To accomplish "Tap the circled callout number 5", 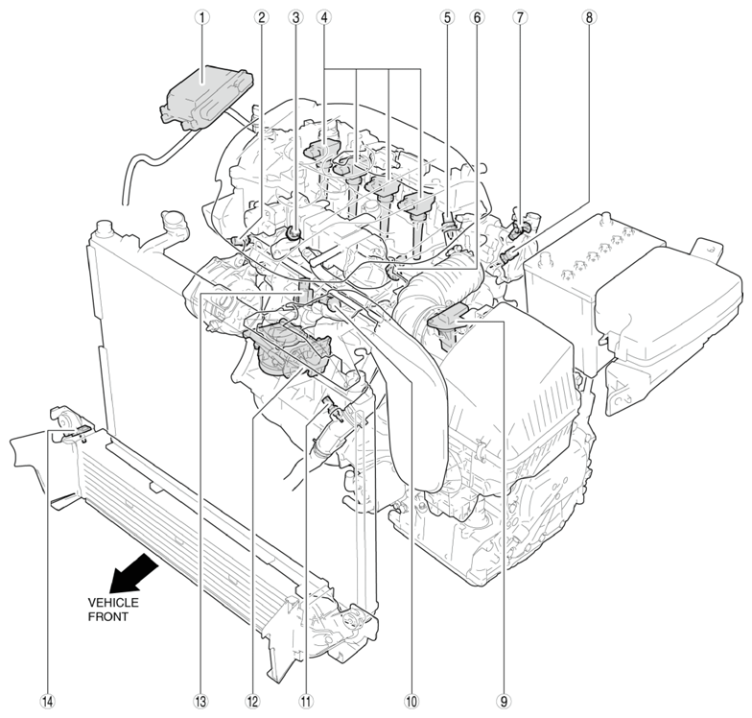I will (446, 16).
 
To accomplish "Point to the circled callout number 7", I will (519, 16).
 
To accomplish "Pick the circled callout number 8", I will (588, 16).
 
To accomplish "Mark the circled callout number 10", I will (411, 702).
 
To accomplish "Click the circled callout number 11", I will (306, 702).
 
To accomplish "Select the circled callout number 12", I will (252, 702).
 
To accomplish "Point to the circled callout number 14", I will (47, 702).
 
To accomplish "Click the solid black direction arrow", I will (132, 574).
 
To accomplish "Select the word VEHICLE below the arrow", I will (113, 602).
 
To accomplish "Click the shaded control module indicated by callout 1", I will (201, 91).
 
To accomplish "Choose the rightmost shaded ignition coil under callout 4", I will (420, 203).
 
